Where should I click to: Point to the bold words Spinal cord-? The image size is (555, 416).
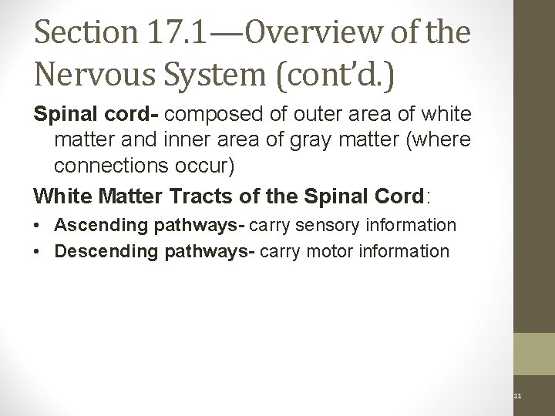tap(97, 116)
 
